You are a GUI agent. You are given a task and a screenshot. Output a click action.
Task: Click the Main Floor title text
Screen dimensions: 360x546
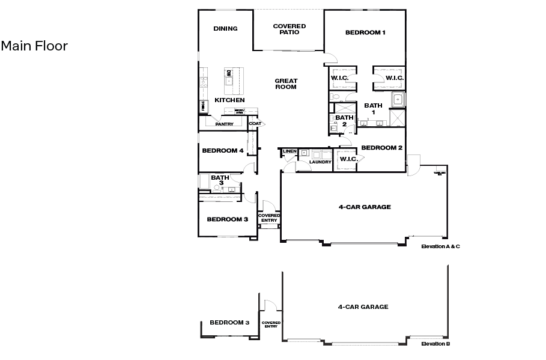pyautogui.click(x=34, y=46)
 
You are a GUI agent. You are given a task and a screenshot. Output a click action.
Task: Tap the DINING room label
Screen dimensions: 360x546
pyautogui.click(x=225, y=28)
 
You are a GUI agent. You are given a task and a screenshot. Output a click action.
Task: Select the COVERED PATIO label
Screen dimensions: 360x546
pyautogui.click(x=289, y=29)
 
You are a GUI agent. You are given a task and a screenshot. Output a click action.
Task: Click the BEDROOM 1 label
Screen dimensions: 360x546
pyautogui.click(x=365, y=32)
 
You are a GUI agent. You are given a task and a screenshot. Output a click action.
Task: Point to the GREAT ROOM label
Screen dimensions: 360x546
pyautogui.click(x=286, y=84)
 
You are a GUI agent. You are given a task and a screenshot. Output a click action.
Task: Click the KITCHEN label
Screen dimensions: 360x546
pyautogui.click(x=229, y=100)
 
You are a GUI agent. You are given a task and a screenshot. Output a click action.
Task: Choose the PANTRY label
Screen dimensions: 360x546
pyautogui.click(x=224, y=124)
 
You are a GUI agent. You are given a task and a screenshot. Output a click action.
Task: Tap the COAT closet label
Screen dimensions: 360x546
pyautogui.click(x=255, y=124)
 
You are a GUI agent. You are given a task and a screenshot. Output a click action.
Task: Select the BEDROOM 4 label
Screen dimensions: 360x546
pyautogui.click(x=222, y=150)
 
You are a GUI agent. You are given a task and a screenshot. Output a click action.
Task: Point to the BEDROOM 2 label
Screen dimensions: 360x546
pyautogui.click(x=381, y=147)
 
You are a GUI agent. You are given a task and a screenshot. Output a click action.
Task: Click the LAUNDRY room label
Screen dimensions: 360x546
pyautogui.click(x=320, y=162)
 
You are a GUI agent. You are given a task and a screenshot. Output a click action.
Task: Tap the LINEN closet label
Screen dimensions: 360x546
pyautogui.click(x=290, y=151)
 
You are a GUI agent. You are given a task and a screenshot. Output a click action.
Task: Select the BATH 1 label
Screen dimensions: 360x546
pyautogui.click(x=373, y=109)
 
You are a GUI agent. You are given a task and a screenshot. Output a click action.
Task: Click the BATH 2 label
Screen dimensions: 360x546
pyautogui.click(x=344, y=121)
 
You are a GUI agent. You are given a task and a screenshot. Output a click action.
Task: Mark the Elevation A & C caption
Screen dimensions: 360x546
pyautogui.click(x=440, y=246)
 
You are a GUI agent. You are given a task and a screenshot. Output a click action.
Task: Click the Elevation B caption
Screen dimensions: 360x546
pyautogui.click(x=435, y=344)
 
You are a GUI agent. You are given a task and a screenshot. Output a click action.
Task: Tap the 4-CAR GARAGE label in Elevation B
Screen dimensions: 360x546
pyautogui.click(x=363, y=307)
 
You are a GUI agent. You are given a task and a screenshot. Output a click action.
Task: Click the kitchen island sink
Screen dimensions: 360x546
pyautogui.click(x=229, y=79)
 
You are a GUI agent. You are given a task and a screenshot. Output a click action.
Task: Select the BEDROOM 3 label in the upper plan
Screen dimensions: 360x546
pyautogui.click(x=227, y=219)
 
